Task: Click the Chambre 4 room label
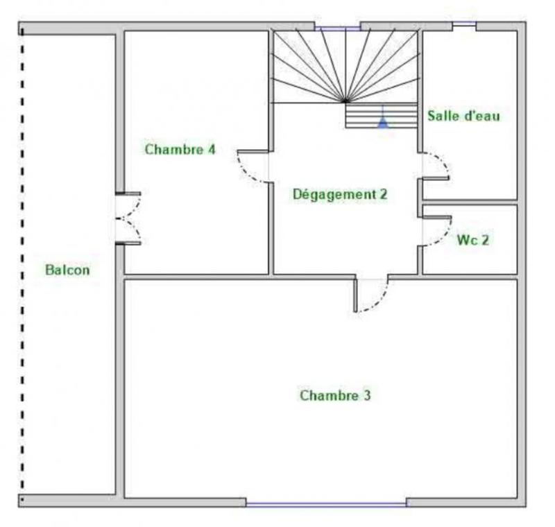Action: (x=180, y=149)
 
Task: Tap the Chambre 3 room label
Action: (x=335, y=395)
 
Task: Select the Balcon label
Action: (x=67, y=270)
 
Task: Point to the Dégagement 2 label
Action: (x=339, y=194)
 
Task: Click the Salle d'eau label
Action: (x=463, y=116)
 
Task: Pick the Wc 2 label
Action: (x=472, y=241)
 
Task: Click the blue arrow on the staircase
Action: (x=382, y=123)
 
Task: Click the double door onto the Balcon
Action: (x=130, y=218)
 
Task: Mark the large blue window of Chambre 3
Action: (x=326, y=504)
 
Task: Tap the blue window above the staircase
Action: (x=338, y=28)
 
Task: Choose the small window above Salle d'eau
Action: (x=464, y=26)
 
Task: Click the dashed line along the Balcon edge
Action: (x=22, y=263)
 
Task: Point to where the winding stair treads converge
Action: (x=345, y=101)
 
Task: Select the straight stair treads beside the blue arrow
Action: (x=361, y=116)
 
